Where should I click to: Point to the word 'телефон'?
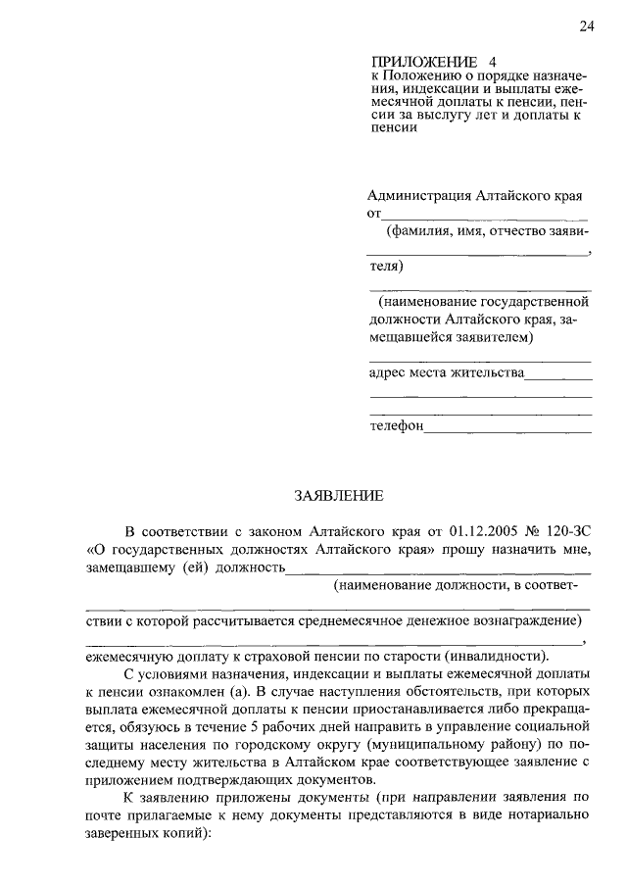pyautogui.click(x=396, y=426)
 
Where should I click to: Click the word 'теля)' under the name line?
pyautogui.click(x=385, y=266)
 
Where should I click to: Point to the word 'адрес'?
pyautogui.click(x=388, y=372)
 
